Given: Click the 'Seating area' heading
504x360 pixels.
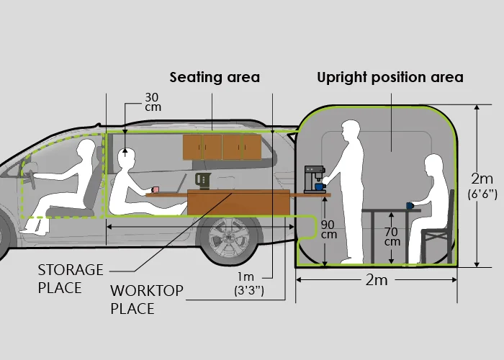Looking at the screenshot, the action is [215, 78].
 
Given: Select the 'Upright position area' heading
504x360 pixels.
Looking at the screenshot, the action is [390, 78].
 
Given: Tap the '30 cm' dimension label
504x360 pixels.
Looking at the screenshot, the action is [153, 102].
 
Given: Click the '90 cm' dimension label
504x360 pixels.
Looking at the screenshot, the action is [328, 230].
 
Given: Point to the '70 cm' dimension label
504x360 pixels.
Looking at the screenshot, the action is [392, 237].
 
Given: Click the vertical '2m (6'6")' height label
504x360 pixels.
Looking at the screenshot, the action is [482, 186].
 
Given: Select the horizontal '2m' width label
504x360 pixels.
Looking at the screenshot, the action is [377, 280].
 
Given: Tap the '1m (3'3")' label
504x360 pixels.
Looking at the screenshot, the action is [249, 284].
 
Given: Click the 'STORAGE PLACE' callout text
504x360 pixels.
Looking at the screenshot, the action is [71, 279].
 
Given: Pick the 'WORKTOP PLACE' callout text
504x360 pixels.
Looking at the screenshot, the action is [147, 300].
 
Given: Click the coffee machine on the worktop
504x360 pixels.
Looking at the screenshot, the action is [315, 179].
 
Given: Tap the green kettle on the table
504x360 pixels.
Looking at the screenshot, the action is [203, 181].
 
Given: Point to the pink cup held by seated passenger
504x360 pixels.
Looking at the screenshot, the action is [156, 189].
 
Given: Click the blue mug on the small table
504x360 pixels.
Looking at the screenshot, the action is [410, 206].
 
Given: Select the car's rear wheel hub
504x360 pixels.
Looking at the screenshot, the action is [228, 238].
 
